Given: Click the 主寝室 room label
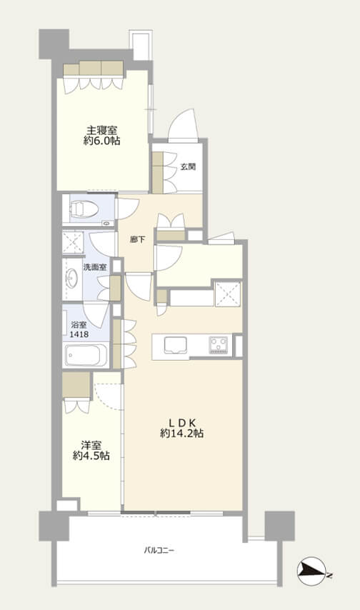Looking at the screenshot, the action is pos(101,130).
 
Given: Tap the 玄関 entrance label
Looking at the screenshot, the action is pos(188,167).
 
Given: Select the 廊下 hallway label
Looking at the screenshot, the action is pos(137,240).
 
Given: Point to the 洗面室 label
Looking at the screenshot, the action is pos(94,267).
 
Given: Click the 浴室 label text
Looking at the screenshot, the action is pos(79,325).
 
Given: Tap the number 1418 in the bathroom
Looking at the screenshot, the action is pos(79,334).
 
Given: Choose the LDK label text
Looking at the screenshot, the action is pos(181,422).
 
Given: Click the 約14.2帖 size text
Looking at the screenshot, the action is pos(181,434).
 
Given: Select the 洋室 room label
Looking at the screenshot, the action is pos(91,445).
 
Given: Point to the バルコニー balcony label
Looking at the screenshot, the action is pos(159,550).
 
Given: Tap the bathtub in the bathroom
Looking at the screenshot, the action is pos(86,355).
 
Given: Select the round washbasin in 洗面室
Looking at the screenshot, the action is pos(71,279).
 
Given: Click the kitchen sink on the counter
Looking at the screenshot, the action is pos(176,346).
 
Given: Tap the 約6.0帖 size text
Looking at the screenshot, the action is pos(101,141).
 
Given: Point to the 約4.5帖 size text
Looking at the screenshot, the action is pos(91,456).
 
